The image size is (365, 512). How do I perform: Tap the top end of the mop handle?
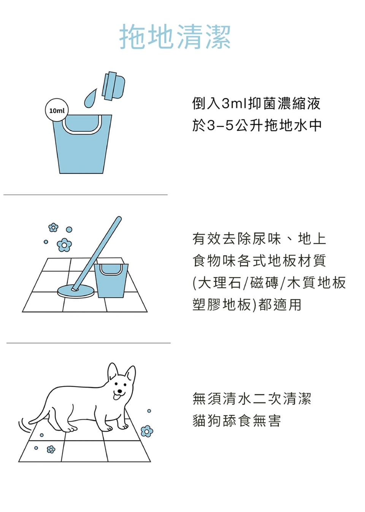[119, 219]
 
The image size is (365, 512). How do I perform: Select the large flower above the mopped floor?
[64, 245]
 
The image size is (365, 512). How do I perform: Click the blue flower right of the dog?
[147, 431]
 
